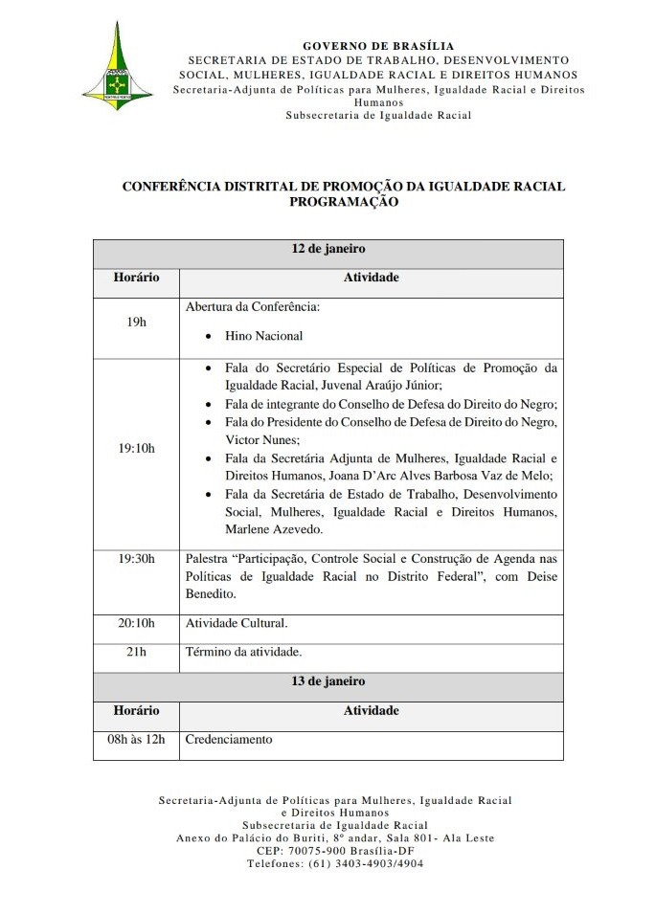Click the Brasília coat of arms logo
point(116,65)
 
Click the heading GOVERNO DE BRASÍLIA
point(378,46)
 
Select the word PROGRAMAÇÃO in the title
point(343,202)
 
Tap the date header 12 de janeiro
point(328,249)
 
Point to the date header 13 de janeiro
point(328,681)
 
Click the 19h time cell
point(136,323)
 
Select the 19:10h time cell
point(136,447)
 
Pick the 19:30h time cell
point(136,558)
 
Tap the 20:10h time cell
point(136,623)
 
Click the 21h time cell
point(136,652)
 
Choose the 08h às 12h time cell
point(136,739)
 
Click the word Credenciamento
point(228,739)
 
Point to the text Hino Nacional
point(263,336)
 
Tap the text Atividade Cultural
point(236,623)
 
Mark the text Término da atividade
point(243,652)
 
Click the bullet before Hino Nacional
point(209,337)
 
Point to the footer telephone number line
point(334,862)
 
